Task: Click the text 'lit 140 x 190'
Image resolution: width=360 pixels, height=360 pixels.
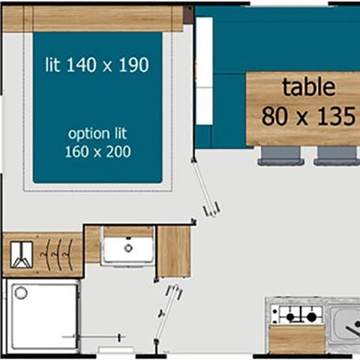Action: pos(97,64)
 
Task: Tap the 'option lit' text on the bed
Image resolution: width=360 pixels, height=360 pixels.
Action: pos(97,134)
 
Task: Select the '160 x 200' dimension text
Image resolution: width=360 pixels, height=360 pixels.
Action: pos(97,151)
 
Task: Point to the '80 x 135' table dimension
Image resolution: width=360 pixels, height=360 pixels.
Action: pos(308,116)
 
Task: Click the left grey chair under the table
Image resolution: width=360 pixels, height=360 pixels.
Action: pos(281,155)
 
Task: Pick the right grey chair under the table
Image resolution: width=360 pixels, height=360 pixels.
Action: pos(337,155)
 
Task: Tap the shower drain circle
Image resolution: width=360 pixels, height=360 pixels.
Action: pos(21,292)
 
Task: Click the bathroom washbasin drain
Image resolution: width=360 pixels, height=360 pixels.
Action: pos(128,248)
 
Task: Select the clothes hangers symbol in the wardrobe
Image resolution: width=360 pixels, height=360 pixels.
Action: pos(57,254)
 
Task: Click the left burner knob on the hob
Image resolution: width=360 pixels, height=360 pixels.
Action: pos(290,317)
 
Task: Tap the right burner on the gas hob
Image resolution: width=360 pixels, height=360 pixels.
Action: pos(311,317)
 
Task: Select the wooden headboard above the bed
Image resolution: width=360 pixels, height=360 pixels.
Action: pos(92,19)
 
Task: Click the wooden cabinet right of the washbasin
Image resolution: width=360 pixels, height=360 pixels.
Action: pos(174,251)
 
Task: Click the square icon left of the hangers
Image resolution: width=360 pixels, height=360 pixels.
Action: pos(22,254)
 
